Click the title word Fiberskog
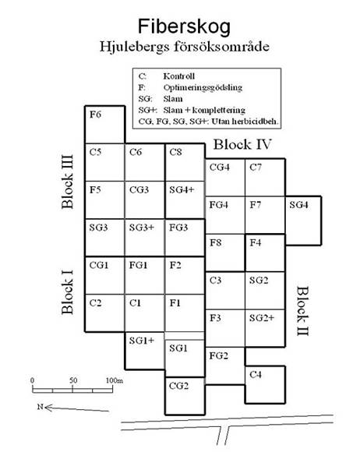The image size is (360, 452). pyautogui.click(x=184, y=26)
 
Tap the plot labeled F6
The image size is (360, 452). pyautogui.click(x=105, y=125)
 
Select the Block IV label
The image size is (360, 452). pyautogui.click(x=242, y=144)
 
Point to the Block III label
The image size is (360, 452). pyautogui.click(x=68, y=182)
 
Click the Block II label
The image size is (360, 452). pyautogui.click(x=303, y=311)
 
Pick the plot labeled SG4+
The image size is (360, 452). pyautogui.click(x=185, y=200)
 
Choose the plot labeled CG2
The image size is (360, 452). pyautogui.click(x=185, y=396)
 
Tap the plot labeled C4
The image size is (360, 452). pyautogui.click(x=265, y=385)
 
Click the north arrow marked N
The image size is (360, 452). pyautogui.click(x=73, y=408)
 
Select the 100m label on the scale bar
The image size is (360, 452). pyautogui.click(x=115, y=380)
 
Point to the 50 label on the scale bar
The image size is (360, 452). pyautogui.click(x=73, y=380)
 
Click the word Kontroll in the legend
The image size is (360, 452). pyautogui.click(x=179, y=76)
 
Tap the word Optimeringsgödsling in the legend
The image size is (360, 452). pyautogui.click(x=203, y=87)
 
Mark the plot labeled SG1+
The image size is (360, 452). pyautogui.click(x=145, y=351)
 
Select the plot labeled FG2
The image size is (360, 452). pyautogui.click(x=225, y=365)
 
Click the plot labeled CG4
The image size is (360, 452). pyautogui.click(x=225, y=177)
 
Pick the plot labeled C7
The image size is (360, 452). pyautogui.click(x=265, y=177)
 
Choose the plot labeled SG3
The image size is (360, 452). pyautogui.click(x=105, y=238)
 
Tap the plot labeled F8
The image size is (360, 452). pyautogui.click(x=225, y=252)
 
